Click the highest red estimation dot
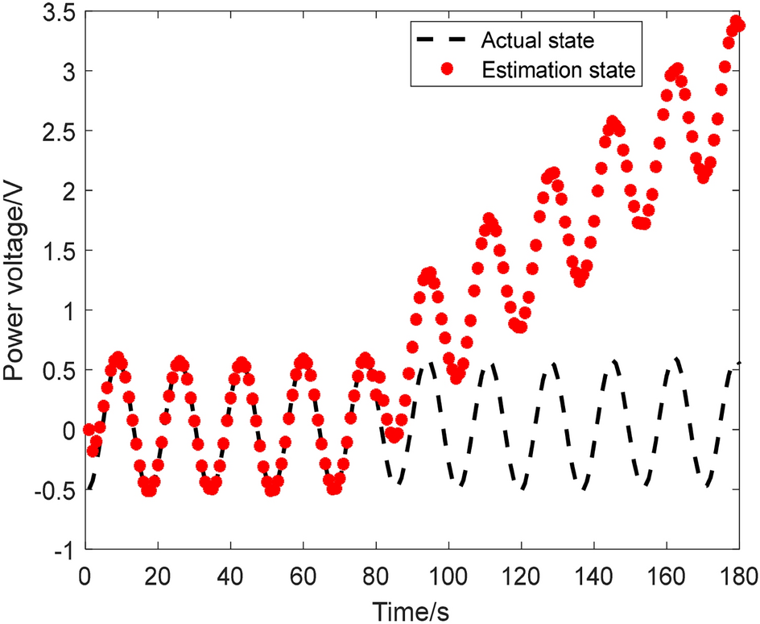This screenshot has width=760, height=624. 735,21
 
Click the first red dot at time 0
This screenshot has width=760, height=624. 89,430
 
